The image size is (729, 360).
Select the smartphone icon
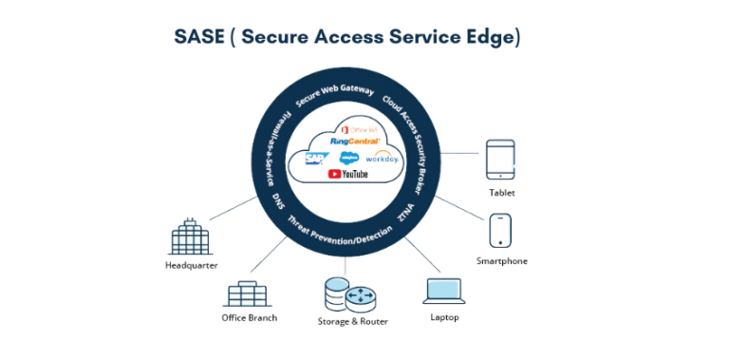coord(500,232)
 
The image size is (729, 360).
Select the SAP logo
coord(315,159)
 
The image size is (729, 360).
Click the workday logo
coord(384,157)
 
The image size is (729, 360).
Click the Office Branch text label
coord(249,317)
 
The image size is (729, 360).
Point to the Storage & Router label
coord(352,321)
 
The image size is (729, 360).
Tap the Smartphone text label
coord(501,260)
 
